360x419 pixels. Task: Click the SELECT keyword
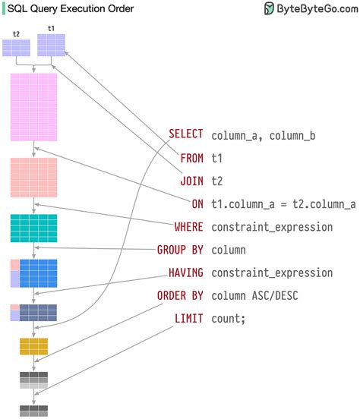185,134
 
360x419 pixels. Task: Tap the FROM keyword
191,158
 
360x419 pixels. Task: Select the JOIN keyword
191,181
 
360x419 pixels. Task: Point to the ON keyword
197,203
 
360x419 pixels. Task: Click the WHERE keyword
188,226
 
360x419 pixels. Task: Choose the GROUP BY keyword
180,250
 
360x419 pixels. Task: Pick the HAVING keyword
185,273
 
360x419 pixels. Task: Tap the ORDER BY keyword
180,295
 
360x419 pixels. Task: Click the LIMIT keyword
188,318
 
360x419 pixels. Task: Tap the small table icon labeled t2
16,48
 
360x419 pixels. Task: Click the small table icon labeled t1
51,45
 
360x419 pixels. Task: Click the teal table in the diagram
33,228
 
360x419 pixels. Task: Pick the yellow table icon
33,347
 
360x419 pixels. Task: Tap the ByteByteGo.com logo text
312,9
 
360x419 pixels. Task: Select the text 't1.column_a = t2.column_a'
283,204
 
